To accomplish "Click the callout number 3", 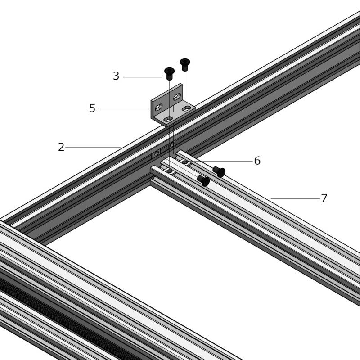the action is tap(116, 76).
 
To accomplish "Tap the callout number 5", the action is tap(92, 108).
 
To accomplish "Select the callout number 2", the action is tap(61, 147).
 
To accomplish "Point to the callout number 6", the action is tap(257, 161).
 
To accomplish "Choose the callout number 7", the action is tap(324, 198).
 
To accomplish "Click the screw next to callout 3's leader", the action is tap(170, 73).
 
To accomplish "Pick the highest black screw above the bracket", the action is tap(185, 64).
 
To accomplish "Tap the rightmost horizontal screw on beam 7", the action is tap(219, 172).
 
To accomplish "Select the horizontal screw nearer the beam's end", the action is tap(204, 181).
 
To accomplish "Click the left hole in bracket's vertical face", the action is tap(159, 107).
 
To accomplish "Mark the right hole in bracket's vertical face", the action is tap(177, 97).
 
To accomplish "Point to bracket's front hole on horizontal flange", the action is tap(169, 119).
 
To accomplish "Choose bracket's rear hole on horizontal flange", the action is tap(186, 108).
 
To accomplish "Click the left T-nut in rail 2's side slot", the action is tap(157, 153).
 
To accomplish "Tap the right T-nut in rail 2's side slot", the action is tap(172, 144).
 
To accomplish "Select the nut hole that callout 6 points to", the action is tap(185, 162).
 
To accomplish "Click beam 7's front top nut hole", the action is tap(170, 171).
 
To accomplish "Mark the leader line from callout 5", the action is tap(124, 109).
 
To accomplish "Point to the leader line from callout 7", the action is tap(296, 198).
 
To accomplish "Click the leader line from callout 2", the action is tap(93, 148).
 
